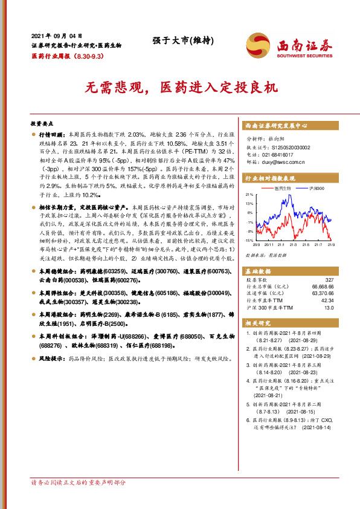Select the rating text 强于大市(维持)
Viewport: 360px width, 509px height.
(x=179, y=41)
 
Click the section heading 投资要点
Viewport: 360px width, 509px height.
(x=43, y=122)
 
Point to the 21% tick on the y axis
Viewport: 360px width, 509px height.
(x=249, y=195)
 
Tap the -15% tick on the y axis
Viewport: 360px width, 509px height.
(x=249, y=241)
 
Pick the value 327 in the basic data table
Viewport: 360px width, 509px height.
(x=329, y=280)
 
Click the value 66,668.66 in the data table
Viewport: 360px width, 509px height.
(x=323, y=287)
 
